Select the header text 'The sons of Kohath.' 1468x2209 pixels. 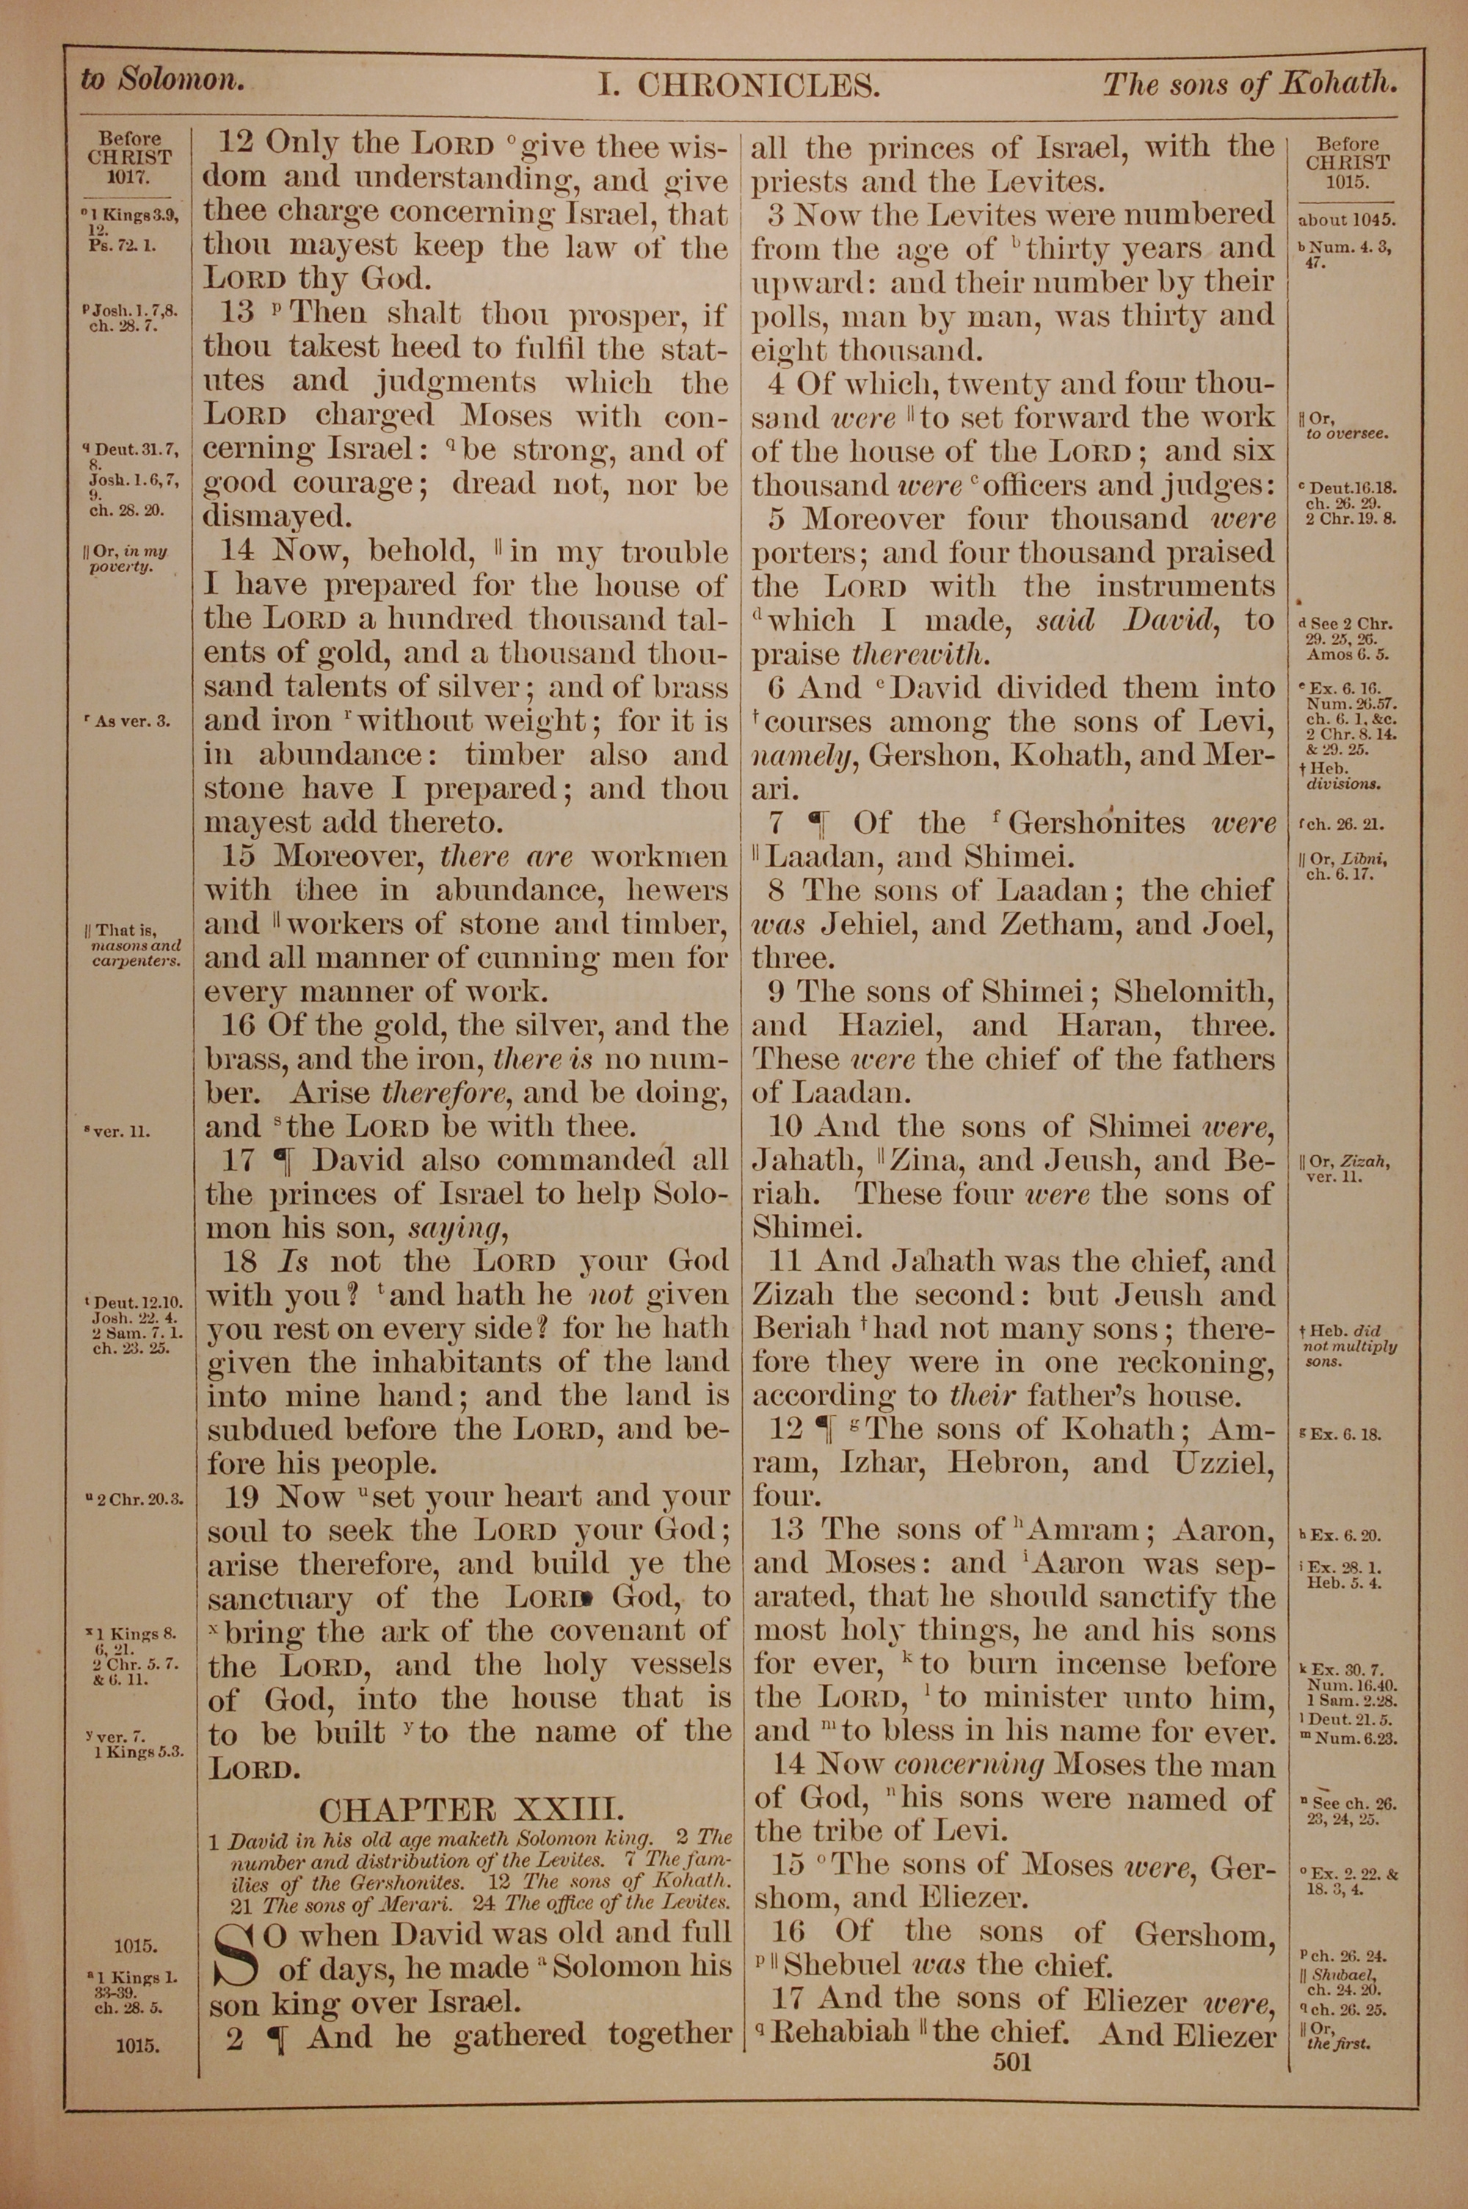pyautogui.click(x=1249, y=84)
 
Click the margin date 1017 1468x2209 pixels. pyautogui.click(x=130, y=175)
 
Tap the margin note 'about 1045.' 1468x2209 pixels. pyautogui.click(x=1347, y=222)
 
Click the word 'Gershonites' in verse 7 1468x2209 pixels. pyautogui.click(x=1097, y=824)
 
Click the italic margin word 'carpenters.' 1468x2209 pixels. pyautogui.click(x=137, y=961)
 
